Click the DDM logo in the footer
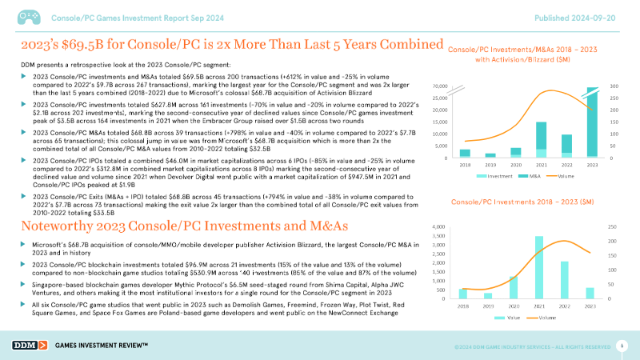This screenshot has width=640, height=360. pos(30,345)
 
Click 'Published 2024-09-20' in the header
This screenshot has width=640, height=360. pos(579,17)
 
